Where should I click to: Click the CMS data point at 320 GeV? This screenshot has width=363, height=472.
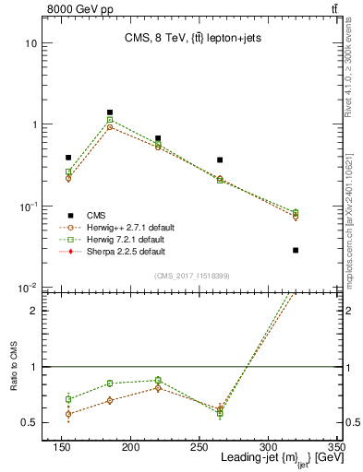click(296, 250)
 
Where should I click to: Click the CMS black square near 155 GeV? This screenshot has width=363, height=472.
click(68, 158)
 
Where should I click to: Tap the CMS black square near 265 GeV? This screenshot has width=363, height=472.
click(220, 160)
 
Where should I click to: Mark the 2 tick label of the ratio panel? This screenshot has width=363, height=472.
click(39, 311)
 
